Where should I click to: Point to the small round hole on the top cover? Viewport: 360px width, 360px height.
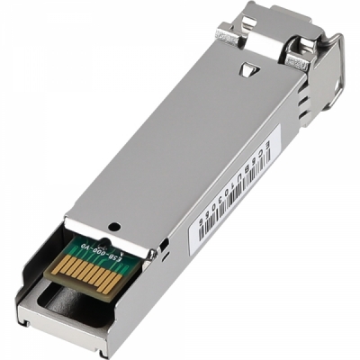112,226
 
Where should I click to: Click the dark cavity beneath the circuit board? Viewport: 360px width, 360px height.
72,301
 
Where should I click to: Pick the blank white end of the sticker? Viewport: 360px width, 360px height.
200,234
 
